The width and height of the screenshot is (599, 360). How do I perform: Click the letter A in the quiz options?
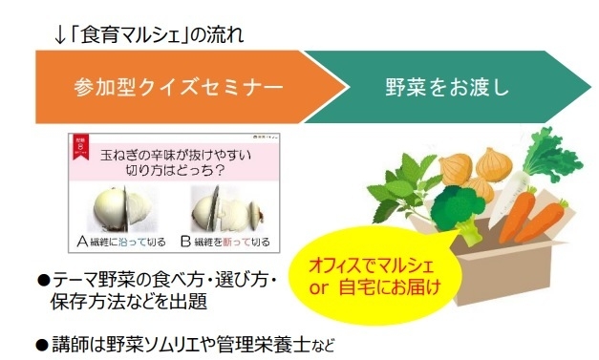tap(84, 242)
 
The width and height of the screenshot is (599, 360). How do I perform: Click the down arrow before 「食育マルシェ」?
tap(60, 36)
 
